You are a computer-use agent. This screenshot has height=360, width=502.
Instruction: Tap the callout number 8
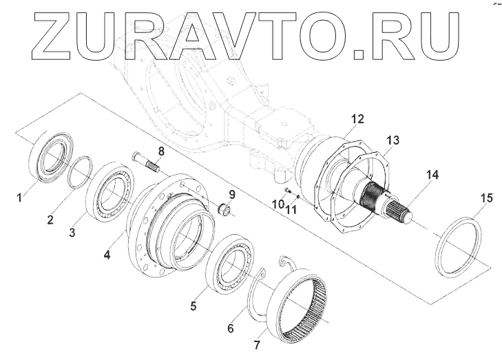[160, 151]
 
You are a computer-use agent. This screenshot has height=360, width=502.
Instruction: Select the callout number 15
[486, 199]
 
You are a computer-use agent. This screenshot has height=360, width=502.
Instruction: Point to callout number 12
[357, 119]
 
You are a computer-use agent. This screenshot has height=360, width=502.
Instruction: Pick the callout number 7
[258, 344]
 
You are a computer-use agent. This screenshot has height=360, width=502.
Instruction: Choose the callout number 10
[276, 204]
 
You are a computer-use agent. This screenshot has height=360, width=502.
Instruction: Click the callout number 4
[107, 255]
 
